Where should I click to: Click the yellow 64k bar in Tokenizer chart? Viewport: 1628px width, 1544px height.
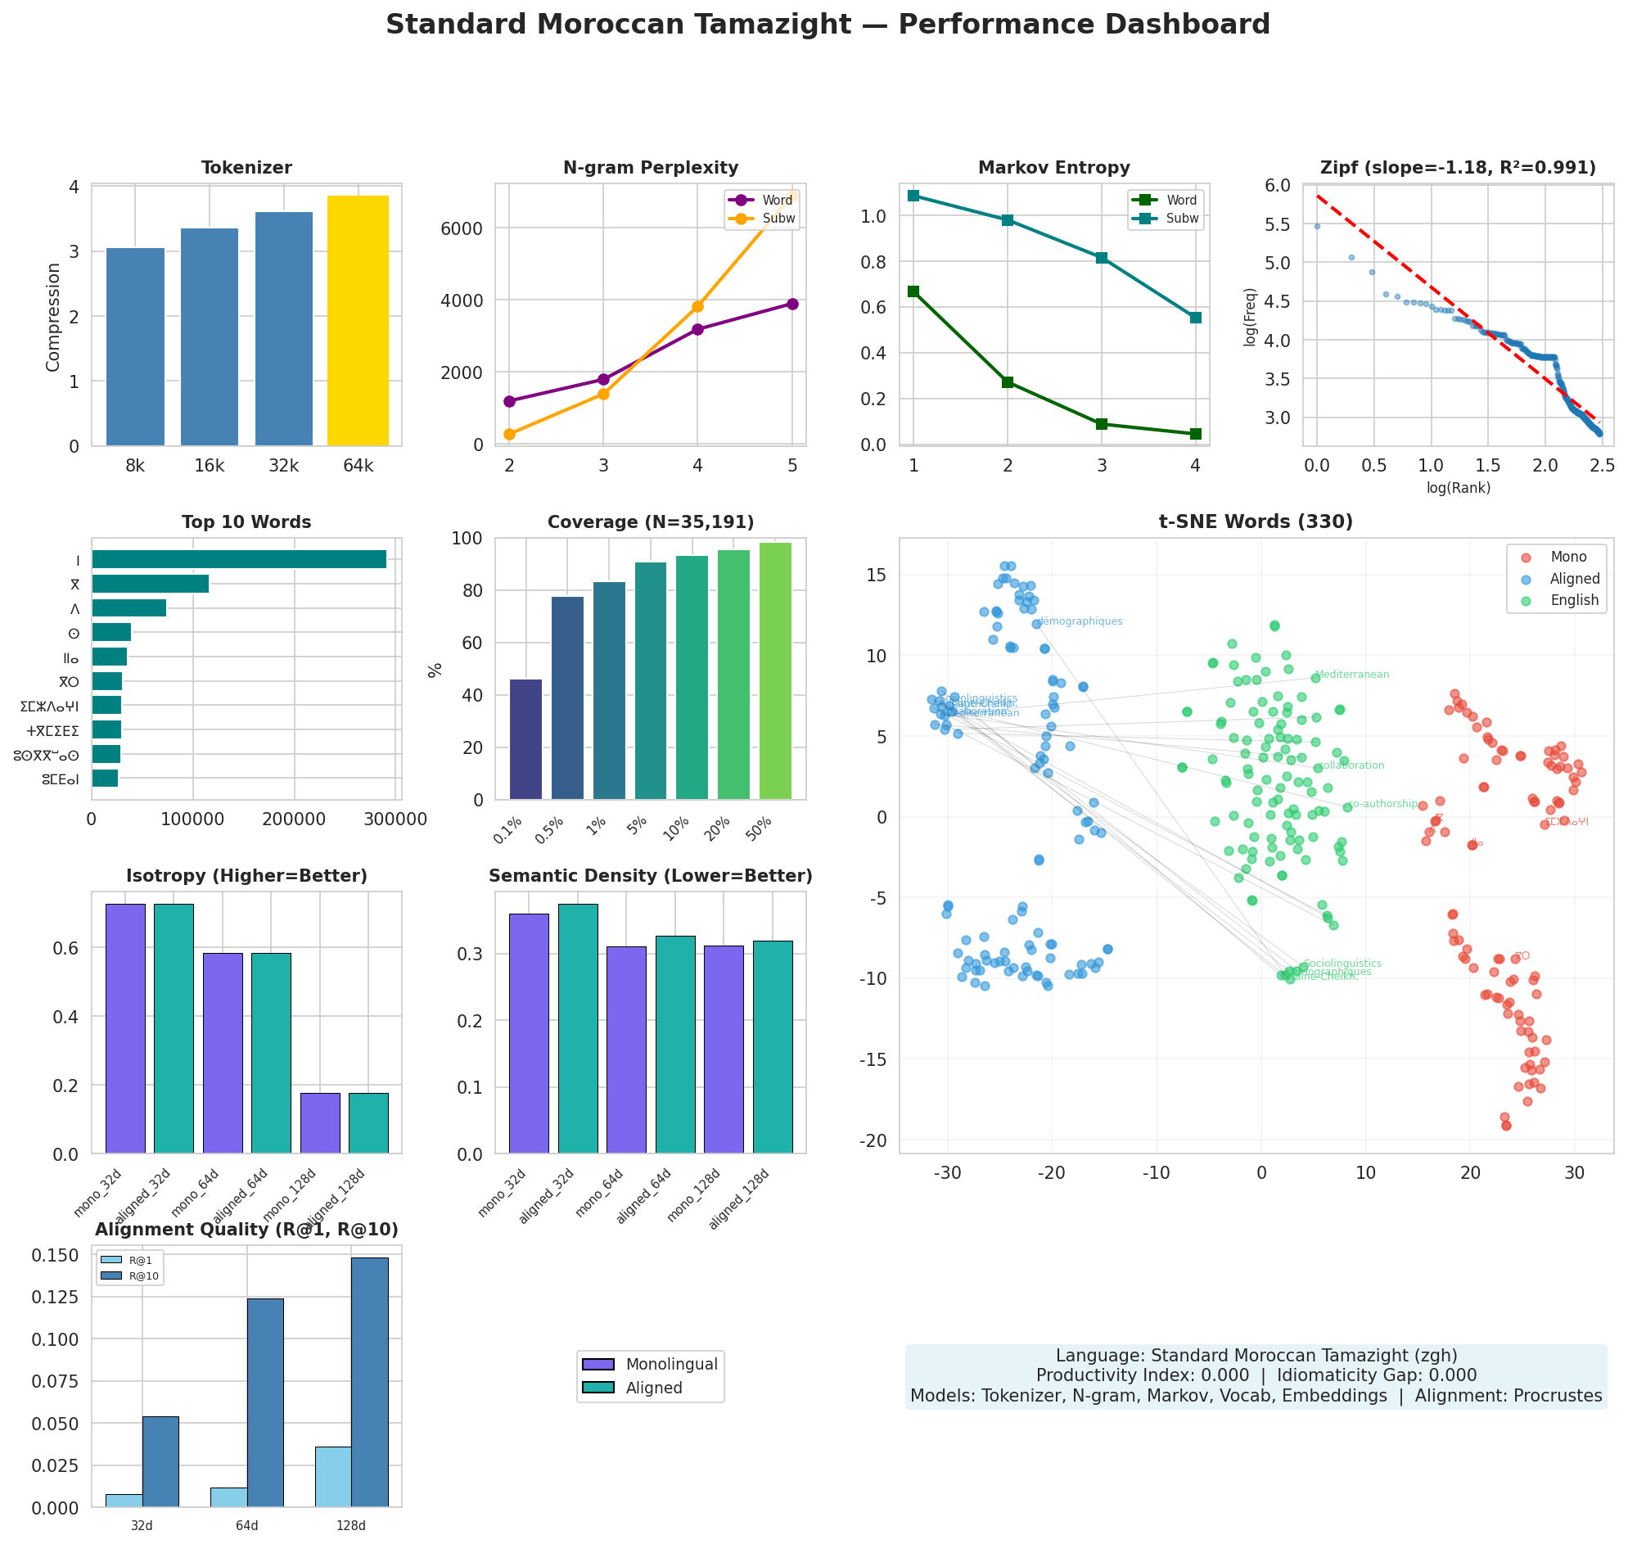pos(358,321)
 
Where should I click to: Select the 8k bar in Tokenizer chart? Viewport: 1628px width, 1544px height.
pos(135,345)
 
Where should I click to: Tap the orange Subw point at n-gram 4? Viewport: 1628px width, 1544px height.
pos(697,306)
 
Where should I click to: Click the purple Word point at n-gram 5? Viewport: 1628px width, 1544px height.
pos(791,304)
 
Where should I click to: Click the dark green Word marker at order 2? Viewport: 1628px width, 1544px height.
pos(1007,381)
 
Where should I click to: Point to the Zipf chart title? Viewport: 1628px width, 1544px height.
pos(1457,168)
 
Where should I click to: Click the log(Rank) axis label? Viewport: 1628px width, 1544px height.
pos(1458,488)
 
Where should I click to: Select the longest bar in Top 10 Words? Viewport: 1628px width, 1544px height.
pos(239,560)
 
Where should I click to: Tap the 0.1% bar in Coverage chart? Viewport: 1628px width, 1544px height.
pos(525,739)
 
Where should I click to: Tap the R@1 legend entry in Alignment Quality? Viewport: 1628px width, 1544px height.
pos(129,1260)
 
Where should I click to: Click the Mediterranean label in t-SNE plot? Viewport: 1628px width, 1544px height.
pos(1351,675)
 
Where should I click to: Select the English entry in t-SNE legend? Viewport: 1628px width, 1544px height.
pos(1573,601)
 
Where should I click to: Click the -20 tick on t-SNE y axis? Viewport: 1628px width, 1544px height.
pos(879,1140)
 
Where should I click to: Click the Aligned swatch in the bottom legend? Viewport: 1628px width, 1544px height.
pos(598,1388)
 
